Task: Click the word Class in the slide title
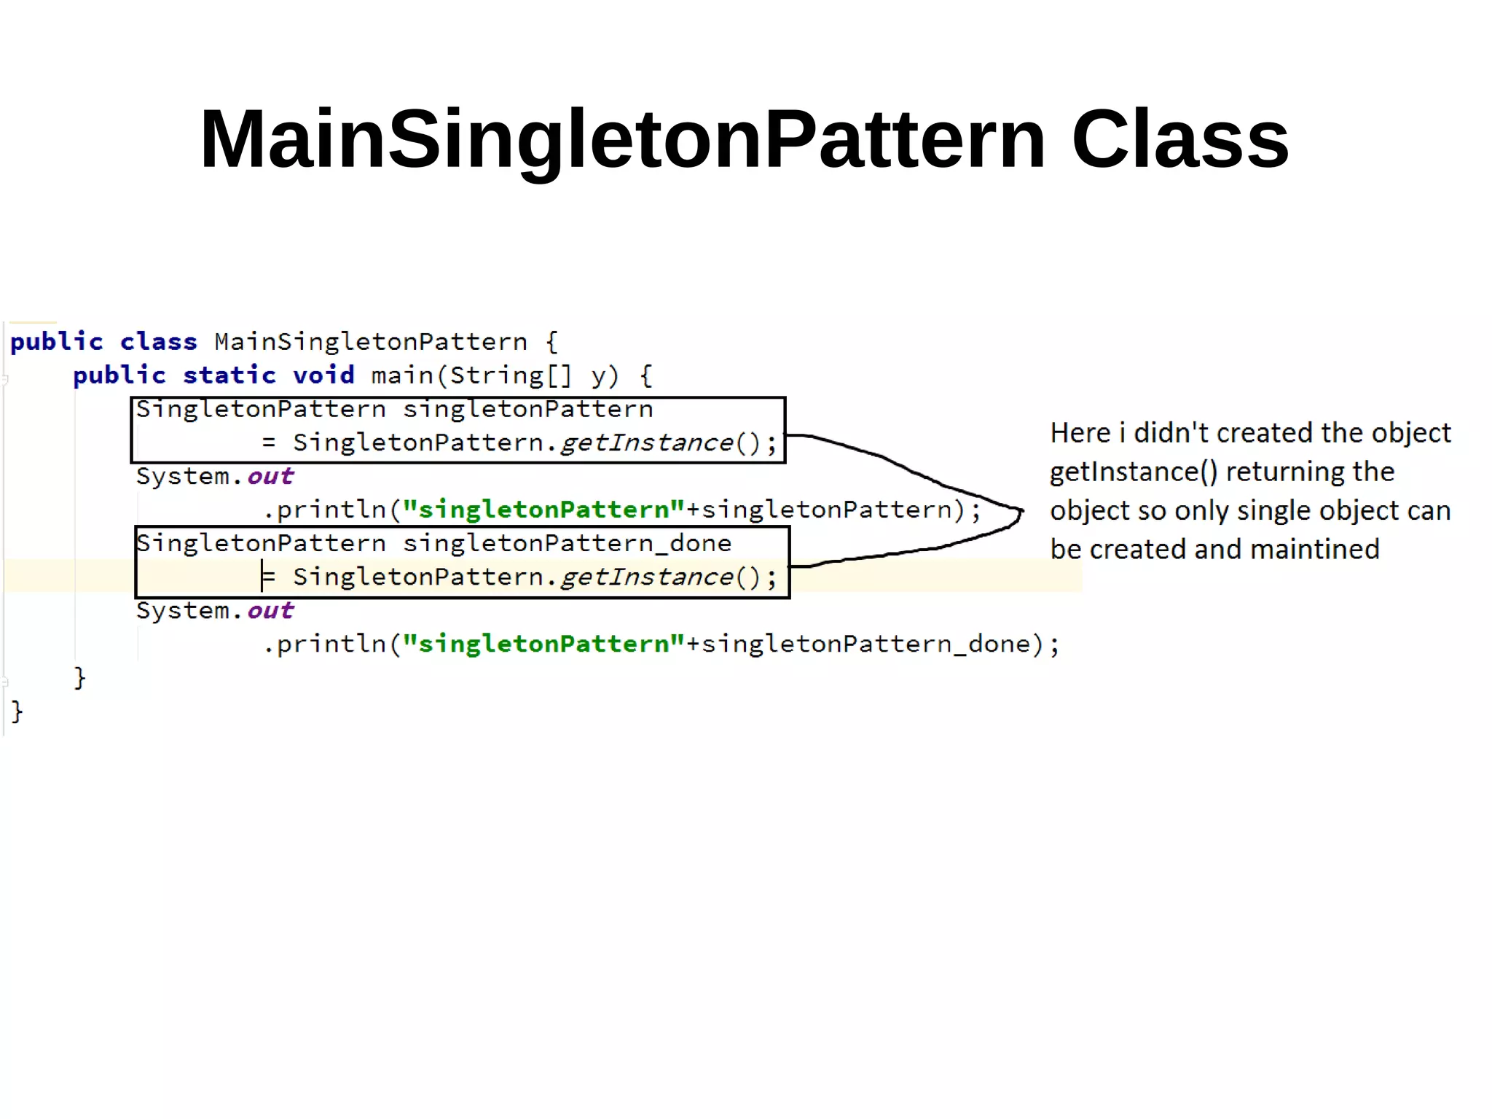pos(1180,139)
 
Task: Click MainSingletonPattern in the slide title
pos(623,139)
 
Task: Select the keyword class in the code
pos(159,341)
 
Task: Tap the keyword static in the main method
pos(229,375)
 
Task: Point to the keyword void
pos(323,375)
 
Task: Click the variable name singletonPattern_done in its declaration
pos(567,543)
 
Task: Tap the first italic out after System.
pos(270,476)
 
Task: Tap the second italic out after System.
pos(270,610)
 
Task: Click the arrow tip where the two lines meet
pos(1021,511)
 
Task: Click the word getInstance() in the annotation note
pos(1134,472)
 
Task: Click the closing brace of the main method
pos(80,677)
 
